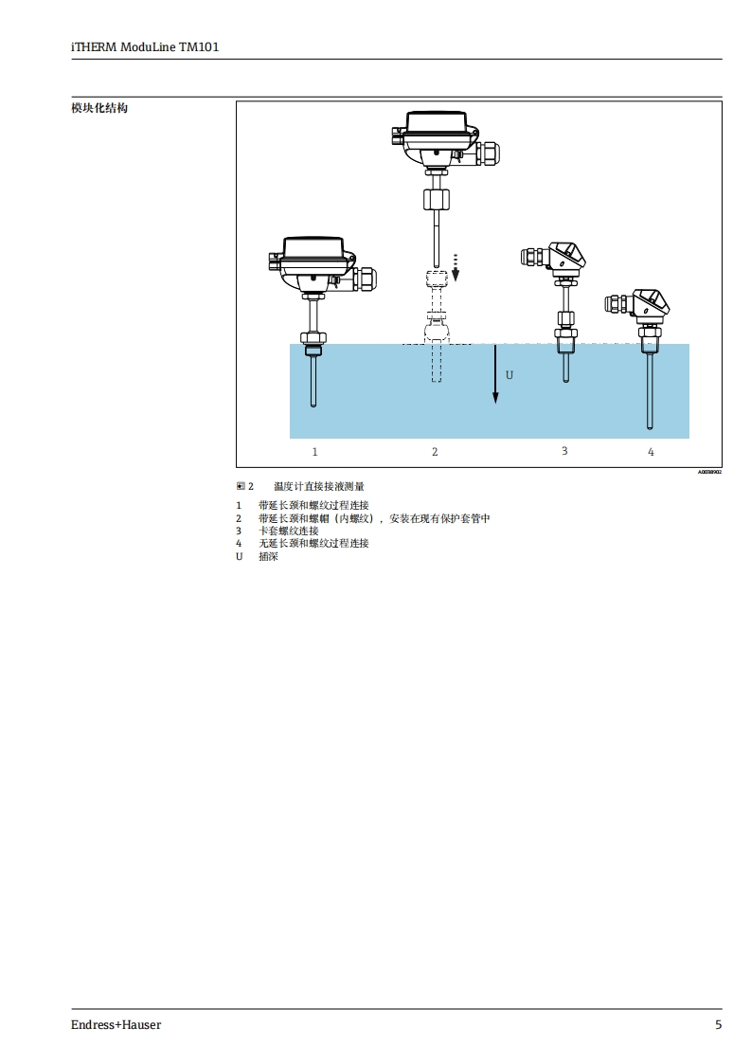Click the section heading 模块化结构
(99, 108)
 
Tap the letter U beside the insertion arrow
(509, 375)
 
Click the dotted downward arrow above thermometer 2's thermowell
(456, 266)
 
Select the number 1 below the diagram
(315, 452)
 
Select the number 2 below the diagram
(435, 452)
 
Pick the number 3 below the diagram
(564, 451)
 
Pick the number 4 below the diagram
(651, 452)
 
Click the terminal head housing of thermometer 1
(313, 261)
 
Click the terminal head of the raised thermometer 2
(435, 136)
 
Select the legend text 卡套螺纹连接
(289, 531)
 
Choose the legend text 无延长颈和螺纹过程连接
(313, 544)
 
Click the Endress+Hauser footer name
(116, 1025)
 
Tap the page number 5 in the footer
(718, 1025)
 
